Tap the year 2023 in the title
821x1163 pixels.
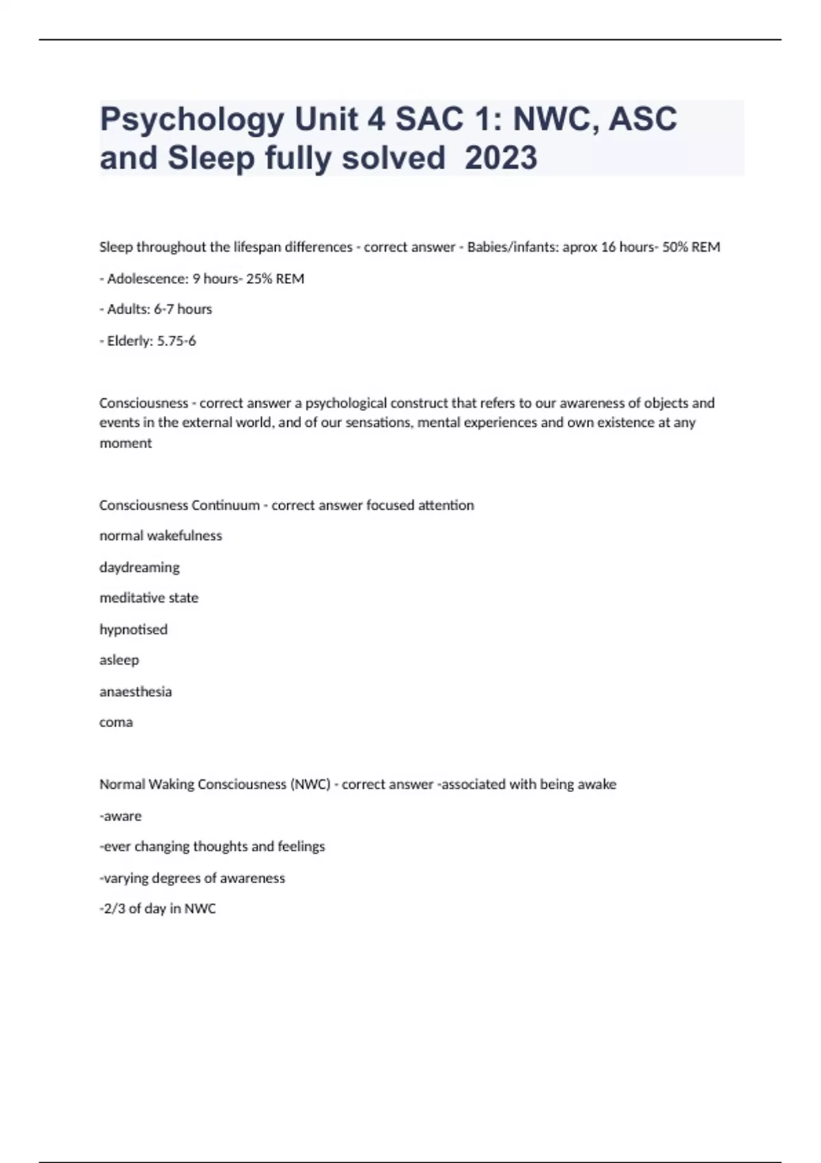(501, 158)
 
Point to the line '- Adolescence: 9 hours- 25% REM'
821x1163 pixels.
(202, 278)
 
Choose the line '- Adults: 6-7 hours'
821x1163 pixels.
(156, 309)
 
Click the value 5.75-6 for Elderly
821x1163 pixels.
(177, 341)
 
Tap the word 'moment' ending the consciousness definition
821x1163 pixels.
(126, 443)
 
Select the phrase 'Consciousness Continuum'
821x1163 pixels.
(179, 505)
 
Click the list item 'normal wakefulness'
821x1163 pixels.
(161, 536)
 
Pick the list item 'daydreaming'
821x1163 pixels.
(140, 567)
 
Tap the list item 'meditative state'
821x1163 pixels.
(149, 598)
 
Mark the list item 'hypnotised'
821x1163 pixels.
(133, 629)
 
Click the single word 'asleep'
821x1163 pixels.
(119, 660)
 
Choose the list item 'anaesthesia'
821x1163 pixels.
(135, 692)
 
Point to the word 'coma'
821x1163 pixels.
(116, 722)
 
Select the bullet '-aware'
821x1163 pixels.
(120, 815)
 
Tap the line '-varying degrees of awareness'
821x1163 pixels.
(192, 878)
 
